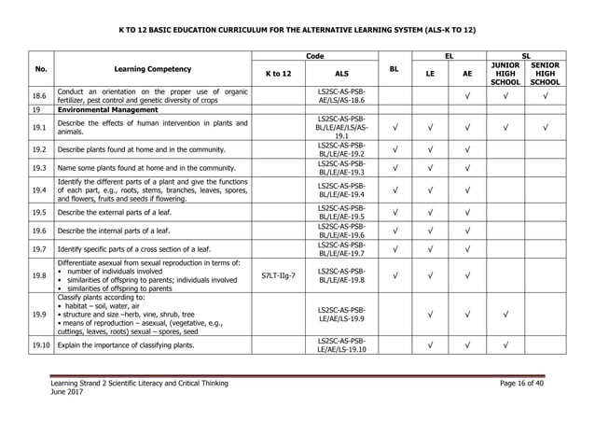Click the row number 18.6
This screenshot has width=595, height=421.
pyautogui.click(x=37, y=94)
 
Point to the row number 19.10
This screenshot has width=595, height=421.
pyautogui.click(x=38, y=345)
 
